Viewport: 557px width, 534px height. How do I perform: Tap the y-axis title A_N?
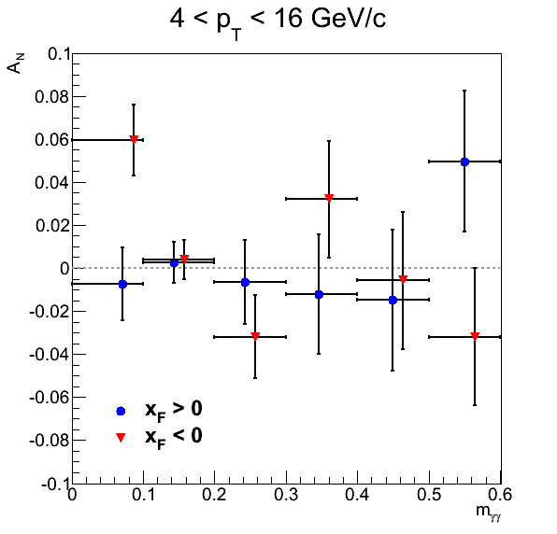[x=15, y=63]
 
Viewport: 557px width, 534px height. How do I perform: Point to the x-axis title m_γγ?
[x=489, y=512]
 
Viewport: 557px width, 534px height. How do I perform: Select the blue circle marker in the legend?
[x=121, y=411]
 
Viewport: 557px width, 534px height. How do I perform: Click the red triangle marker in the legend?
[x=121, y=437]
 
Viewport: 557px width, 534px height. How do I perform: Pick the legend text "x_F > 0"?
[x=173, y=411]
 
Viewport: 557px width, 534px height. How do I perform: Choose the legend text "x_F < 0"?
[x=173, y=438]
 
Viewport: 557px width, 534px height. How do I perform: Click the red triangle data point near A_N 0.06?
[x=134, y=139]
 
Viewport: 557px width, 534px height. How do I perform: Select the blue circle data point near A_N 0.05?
[x=464, y=162]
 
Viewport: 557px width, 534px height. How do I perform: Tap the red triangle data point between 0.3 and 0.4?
[x=329, y=198]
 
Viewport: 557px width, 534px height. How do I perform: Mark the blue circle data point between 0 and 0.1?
[x=122, y=284]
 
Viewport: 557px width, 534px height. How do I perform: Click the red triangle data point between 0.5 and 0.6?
[x=475, y=336]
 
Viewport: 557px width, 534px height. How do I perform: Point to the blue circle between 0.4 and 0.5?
[x=393, y=301]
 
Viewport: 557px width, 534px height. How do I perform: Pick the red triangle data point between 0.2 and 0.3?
[x=255, y=336]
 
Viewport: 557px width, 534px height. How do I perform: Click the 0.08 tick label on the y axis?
[x=51, y=97]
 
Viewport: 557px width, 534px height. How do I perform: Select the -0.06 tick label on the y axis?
[x=49, y=398]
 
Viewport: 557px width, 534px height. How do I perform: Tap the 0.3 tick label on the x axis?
[x=286, y=495]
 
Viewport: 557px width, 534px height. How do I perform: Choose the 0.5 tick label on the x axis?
[x=429, y=495]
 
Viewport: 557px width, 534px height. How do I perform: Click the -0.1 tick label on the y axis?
[x=55, y=484]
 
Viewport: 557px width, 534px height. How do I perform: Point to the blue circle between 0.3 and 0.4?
[x=319, y=294]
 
